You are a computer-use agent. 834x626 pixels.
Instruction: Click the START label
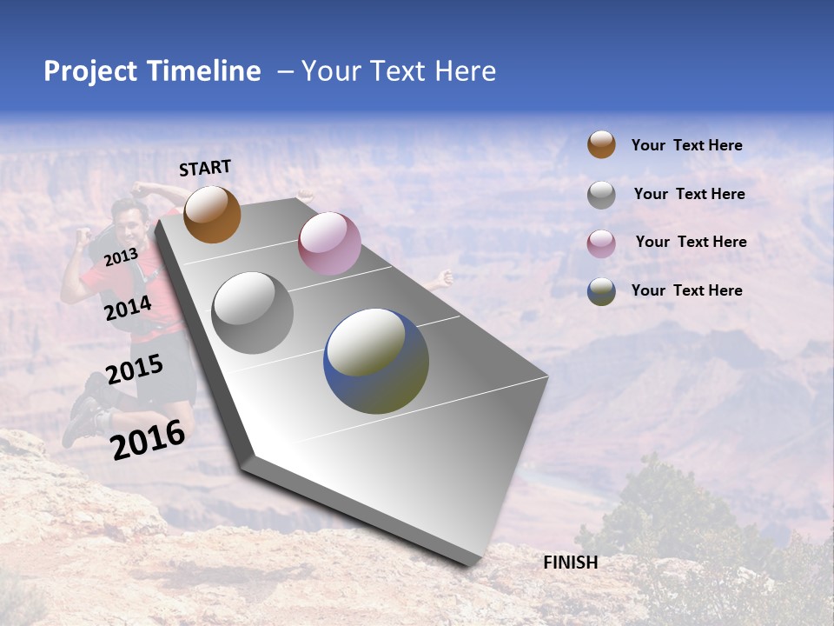pyautogui.click(x=205, y=168)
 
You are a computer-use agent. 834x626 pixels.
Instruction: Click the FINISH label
pyautogui.click(x=570, y=563)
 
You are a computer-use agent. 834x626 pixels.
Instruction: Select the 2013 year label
pyautogui.click(x=121, y=256)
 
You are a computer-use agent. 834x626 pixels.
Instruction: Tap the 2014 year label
pyautogui.click(x=128, y=308)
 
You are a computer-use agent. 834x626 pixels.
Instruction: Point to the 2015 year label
pyautogui.click(x=135, y=370)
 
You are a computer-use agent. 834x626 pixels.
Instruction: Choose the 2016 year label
pyautogui.click(x=148, y=439)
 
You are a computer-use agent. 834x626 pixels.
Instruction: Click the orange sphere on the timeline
pyautogui.click(x=212, y=214)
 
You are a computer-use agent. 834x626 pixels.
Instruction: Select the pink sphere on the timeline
pyautogui.click(x=329, y=243)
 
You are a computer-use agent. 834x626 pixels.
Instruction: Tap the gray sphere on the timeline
pyautogui.click(x=252, y=313)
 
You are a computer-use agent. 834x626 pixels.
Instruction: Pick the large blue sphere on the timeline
pyautogui.click(x=376, y=361)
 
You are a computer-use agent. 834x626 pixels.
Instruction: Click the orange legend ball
pyautogui.click(x=600, y=145)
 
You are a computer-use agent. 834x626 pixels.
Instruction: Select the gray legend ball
pyautogui.click(x=600, y=194)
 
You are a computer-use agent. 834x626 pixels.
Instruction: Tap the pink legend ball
pyautogui.click(x=600, y=243)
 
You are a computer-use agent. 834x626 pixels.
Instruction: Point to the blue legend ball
pyautogui.click(x=600, y=291)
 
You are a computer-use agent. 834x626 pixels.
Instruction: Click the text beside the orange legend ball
pyautogui.click(x=686, y=145)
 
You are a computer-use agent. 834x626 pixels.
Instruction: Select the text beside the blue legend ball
pyautogui.click(x=686, y=290)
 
